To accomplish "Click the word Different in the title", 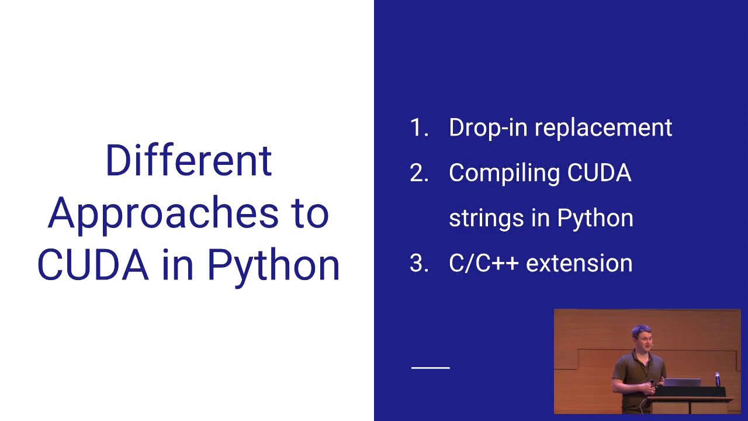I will point(188,160).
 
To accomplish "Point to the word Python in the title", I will point(273,265).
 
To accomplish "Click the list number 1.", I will point(418,128).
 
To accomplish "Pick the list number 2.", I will point(419,173).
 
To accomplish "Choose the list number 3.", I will point(419,264).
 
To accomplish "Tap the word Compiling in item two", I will point(504,173).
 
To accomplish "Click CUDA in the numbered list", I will point(600,173).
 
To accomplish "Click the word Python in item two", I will point(595,218).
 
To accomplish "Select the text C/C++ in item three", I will point(483,264).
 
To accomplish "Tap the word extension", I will point(579,264).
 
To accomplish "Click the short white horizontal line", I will point(431,368).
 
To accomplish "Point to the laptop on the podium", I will point(683,382).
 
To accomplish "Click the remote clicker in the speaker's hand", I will point(651,383).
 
